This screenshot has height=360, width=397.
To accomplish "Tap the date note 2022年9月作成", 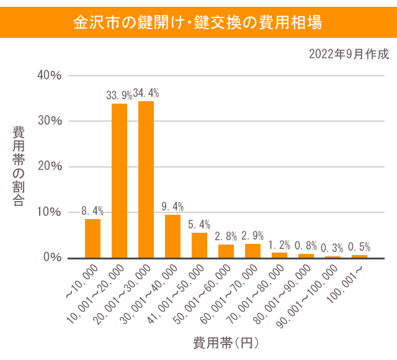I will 349,54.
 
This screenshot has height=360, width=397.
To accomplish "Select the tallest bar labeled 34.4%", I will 146,179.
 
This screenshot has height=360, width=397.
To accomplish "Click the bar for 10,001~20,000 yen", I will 119,180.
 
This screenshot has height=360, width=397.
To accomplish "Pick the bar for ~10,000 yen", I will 92,238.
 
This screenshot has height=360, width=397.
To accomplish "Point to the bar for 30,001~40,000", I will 172,236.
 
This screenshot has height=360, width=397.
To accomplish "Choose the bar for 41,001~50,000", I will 199,245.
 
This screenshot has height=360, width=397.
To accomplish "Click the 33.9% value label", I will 119,95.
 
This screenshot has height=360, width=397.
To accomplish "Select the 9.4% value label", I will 172,207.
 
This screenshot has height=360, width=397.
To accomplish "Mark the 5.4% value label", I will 199,224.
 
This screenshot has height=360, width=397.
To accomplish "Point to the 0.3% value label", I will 332,248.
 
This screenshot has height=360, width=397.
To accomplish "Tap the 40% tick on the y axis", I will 49,75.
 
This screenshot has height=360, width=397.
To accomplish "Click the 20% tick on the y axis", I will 49,166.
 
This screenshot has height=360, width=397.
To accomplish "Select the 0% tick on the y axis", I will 52,258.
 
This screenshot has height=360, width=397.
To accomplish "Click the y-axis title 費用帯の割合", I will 19,166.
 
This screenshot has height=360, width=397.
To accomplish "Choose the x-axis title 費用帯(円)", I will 225,343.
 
